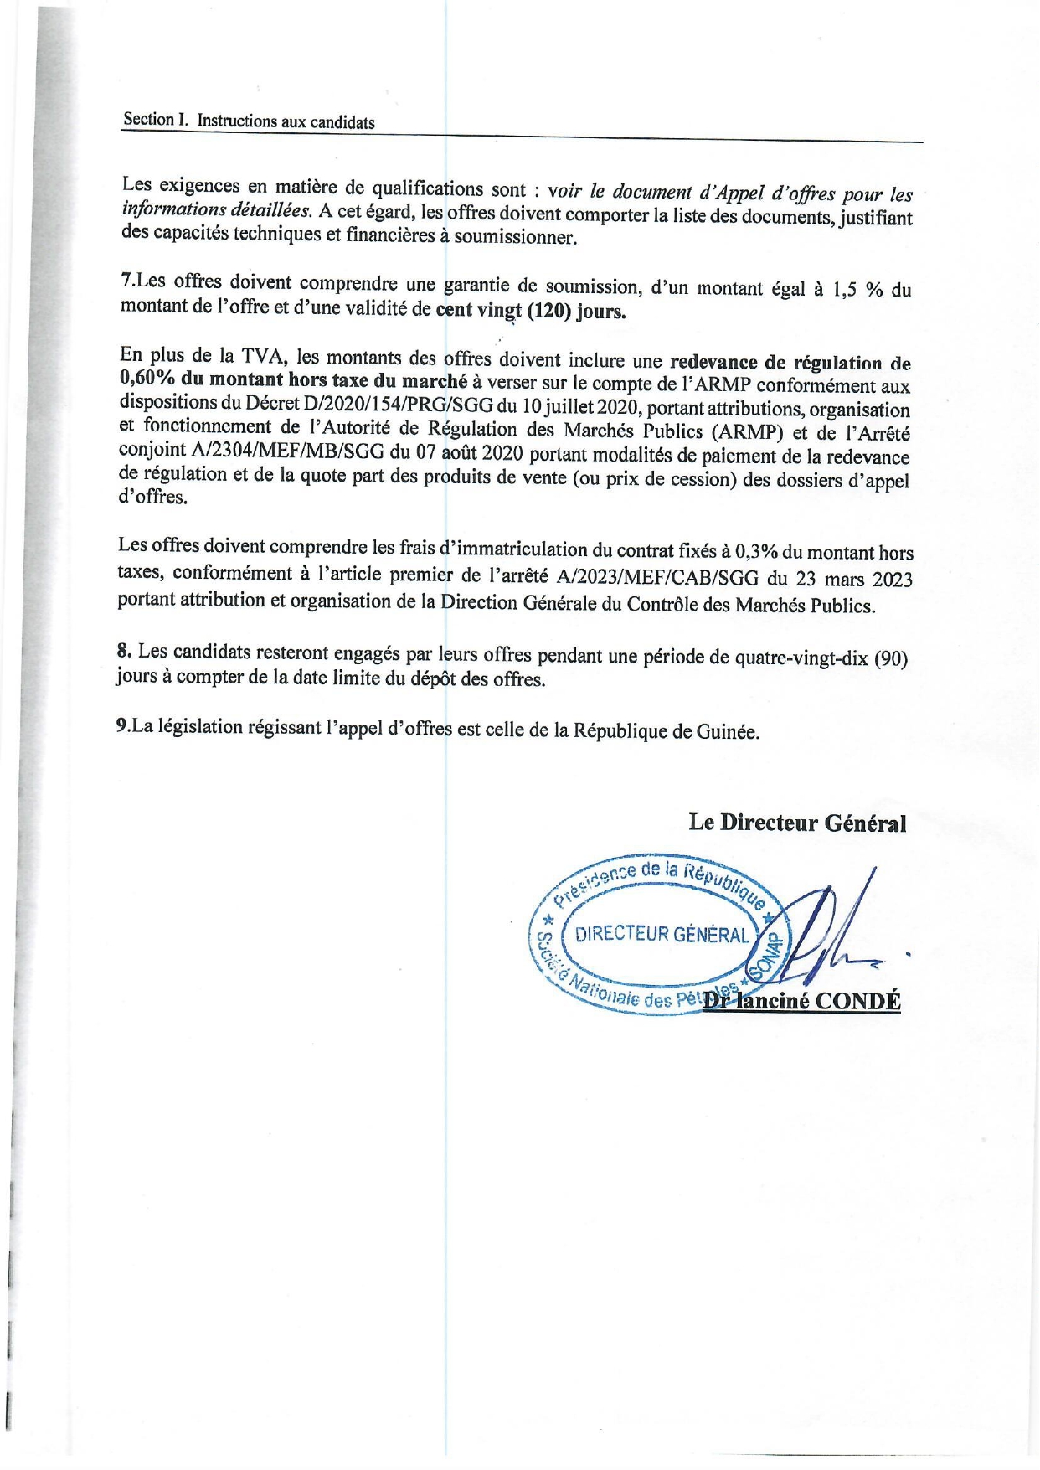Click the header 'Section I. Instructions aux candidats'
coord(249,121)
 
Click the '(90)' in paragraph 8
coord(890,658)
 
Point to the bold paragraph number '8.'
coord(125,651)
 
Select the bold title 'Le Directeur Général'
coord(797,823)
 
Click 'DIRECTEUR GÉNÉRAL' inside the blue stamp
coord(662,935)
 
